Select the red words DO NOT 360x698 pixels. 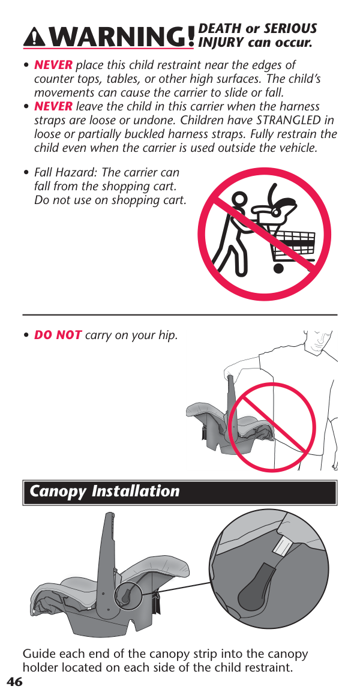tap(58, 335)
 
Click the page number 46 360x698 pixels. tap(14, 682)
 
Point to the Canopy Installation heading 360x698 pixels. tap(104, 492)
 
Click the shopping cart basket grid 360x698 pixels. tap(293, 244)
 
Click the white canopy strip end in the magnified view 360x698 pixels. tap(281, 547)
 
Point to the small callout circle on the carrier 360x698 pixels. tap(128, 597)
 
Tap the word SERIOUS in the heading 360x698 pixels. tap(290, 29)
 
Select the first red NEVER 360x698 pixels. tap(53, 65)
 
